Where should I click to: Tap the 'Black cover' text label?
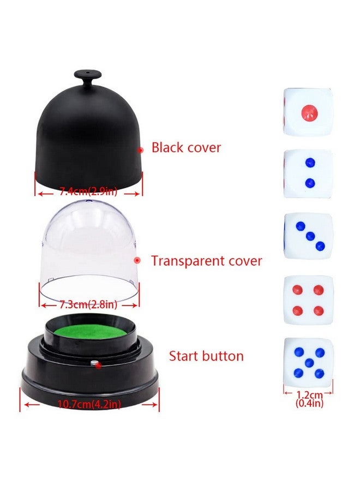[186, 147]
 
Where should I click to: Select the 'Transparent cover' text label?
[206, 261]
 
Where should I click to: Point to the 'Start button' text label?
[206, 356]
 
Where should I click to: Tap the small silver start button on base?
[94, 362]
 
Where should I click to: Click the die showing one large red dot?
[308, 112]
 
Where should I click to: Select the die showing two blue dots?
[308, 173]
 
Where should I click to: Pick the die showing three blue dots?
[308, 235]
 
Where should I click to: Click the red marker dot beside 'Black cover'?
[140, 149]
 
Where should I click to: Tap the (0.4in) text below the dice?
[308, 404]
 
